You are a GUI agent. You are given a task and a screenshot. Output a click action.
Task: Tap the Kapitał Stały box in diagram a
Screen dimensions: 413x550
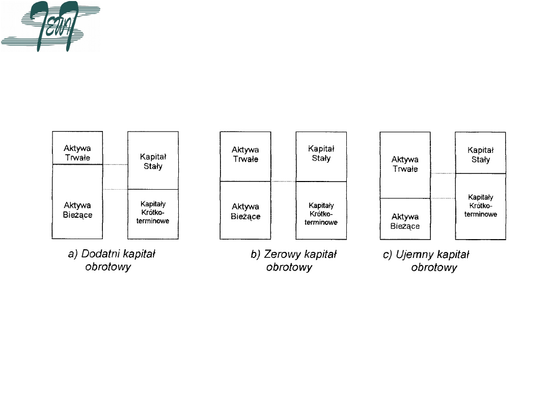[x=153, y=160]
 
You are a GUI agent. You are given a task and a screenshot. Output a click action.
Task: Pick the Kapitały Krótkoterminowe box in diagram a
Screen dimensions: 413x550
[x=153, y=214]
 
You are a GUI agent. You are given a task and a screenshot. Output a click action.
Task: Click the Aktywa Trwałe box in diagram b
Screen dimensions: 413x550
[x=245, y=156]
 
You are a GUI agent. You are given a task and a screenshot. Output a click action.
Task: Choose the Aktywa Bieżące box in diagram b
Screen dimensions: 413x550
[x=245, y=210]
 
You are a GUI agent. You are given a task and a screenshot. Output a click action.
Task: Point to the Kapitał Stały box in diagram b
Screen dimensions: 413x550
[x=321, y=156]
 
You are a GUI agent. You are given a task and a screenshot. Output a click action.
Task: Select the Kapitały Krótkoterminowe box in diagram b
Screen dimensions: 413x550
[x=321, y=210]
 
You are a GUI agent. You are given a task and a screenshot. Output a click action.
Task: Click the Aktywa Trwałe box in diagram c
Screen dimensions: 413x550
[x=405, y=165]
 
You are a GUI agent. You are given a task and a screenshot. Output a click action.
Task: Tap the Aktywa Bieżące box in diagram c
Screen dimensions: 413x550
[x=405, y=219]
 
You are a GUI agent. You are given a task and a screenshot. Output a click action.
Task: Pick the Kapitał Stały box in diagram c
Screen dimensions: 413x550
[x=480, y=152]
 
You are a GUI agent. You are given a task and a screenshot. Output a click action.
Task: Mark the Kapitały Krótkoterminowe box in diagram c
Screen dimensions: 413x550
[x=480, y=206]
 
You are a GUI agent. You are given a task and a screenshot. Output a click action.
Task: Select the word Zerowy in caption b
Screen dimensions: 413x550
[x=283, y=254]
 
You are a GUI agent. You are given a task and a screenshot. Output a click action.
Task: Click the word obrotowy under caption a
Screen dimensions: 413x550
[x=108, y=267]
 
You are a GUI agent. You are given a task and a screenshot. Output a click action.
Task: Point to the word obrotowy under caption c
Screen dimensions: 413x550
[x=434, y=267]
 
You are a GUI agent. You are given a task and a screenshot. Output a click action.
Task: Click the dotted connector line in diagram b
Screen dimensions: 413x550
[x=283, y=182]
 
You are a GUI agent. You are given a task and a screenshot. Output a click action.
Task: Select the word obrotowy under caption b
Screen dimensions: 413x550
[x=289, y=267]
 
